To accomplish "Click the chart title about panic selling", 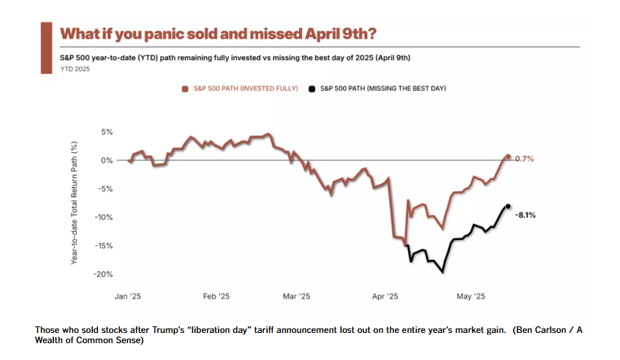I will click(219, 34).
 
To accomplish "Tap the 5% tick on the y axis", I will click(107, 132).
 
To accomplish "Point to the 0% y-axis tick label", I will click(107, 160).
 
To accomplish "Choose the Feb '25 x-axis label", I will click(216, 296).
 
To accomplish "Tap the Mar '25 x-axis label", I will click(295, 296).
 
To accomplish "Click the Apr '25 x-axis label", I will click(385, 296).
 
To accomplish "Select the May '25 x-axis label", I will click(470, 296).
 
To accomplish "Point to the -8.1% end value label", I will click(525, 215).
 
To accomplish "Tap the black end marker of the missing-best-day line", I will click(508, 206).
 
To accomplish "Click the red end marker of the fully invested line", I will click(507, 157).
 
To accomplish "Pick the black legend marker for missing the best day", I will click(313, 89).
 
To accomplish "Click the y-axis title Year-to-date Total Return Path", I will click(75, 203).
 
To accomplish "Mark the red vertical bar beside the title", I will click(45, 47).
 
